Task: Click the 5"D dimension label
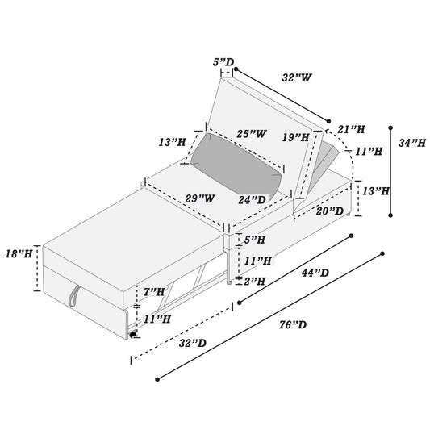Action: tap(223, 62)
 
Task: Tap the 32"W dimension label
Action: tap(297, 77)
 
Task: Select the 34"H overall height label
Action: tap(412, 143)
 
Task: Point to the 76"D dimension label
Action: tap(293, 325)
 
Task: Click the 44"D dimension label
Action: tap(315, 273)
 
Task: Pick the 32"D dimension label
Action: tap(193, 343)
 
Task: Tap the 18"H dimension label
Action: tap(19, 254)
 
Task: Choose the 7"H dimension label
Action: tap(154, 292)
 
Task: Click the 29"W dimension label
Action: tap(200, 198)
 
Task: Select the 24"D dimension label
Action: tap(252, 200)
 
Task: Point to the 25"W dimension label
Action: tap(252, 134)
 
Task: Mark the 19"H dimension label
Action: tap(296, 137)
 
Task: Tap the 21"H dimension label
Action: tap(351, 129)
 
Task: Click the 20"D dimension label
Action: tap(330, 211)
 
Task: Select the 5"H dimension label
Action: tap(255, 240)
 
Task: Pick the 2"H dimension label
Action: tap(255, 281)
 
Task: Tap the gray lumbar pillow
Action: tap(236, 167)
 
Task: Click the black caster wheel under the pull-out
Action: tap(132, 335)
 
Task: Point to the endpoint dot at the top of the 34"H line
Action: tap(390, 127)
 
